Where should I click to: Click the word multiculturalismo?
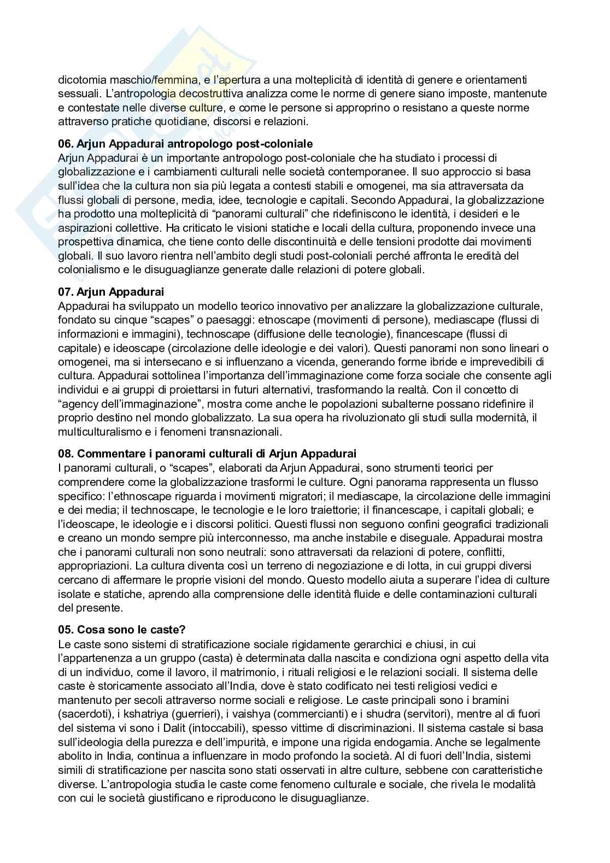pyautogui.click(x=94, y=432)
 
